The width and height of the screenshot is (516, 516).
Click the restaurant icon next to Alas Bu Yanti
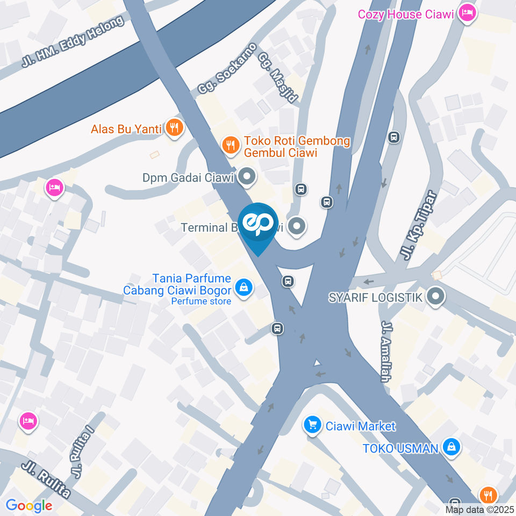[174, 128]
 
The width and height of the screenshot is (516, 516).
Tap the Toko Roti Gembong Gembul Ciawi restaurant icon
[231, 145]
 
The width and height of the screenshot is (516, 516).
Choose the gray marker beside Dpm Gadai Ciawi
[247, 177]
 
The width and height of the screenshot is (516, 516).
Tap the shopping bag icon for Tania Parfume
[244, 287]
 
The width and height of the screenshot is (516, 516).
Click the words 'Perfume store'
[201, 301]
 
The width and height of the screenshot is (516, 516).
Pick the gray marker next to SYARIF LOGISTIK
[435, 296]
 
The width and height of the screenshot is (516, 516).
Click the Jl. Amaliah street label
[385, 352]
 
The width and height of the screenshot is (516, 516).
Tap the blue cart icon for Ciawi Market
[312, 426]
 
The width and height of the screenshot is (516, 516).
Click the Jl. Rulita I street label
[84, 453]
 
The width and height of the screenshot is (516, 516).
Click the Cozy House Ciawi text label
[406, 14]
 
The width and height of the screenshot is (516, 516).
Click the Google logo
[28, 505]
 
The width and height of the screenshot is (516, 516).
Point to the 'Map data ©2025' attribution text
[479, 510]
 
